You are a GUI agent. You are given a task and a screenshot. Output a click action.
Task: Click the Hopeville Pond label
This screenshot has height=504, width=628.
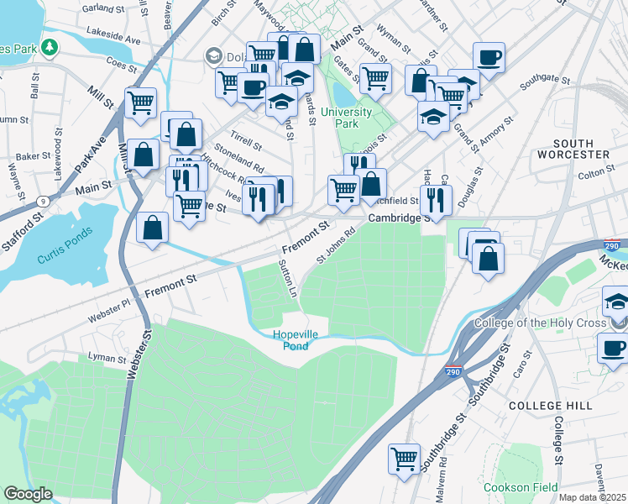[296, 340]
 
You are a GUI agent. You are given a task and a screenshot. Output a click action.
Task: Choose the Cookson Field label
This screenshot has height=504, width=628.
[519, 486]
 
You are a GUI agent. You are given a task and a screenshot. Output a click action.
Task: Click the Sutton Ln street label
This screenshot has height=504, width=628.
[287, 280]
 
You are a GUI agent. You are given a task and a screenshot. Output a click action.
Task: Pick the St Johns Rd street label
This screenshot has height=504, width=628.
[331, 247]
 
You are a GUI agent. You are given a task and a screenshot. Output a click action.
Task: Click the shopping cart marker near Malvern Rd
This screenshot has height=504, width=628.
[405, 459]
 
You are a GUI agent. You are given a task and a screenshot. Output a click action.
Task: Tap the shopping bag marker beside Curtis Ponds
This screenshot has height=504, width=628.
[153, 227]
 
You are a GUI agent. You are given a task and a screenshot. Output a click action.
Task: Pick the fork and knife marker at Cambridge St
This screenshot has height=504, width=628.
[436, 198]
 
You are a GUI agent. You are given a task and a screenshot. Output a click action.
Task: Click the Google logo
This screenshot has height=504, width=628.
[28, 493]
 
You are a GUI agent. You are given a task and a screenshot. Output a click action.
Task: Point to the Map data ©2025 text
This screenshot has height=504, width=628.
[593, 497]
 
